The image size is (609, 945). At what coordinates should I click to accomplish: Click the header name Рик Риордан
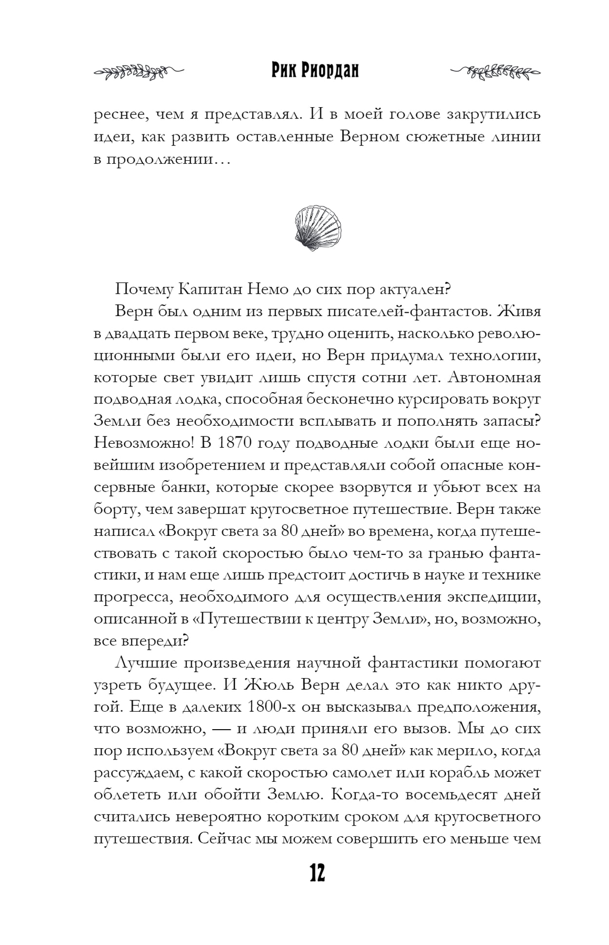[x=315, y=71]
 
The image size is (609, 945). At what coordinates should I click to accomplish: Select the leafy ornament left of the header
[x=138, y=72]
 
